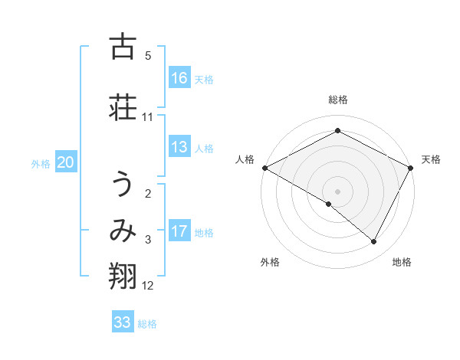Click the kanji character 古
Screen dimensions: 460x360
pos(123,47)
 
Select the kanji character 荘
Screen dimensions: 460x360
pos(123,106)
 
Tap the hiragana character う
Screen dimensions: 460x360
pos(123,186)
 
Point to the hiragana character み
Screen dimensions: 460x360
pos(123,232)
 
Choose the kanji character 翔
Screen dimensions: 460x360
pos(123,275)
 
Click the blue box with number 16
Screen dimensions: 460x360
pos(179,78)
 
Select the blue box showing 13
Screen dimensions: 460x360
pos(179,148)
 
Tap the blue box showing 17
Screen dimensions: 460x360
pos(179,231)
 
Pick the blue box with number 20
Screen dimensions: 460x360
pos(66,162)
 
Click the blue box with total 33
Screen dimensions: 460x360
pos(123,322)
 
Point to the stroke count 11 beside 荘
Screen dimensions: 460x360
pos(148,117)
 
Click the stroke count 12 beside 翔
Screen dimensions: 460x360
pos(148,286)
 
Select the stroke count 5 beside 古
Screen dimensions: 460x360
pos(148,56)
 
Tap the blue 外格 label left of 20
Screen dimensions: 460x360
pos(41,163)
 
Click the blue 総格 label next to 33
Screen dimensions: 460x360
pos(147,323)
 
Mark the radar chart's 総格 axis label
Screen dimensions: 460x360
pos(337,100)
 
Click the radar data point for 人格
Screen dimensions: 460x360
pos(264,168)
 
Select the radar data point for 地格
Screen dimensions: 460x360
pos(374,242)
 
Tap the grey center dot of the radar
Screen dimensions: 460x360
pos(337,191)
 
